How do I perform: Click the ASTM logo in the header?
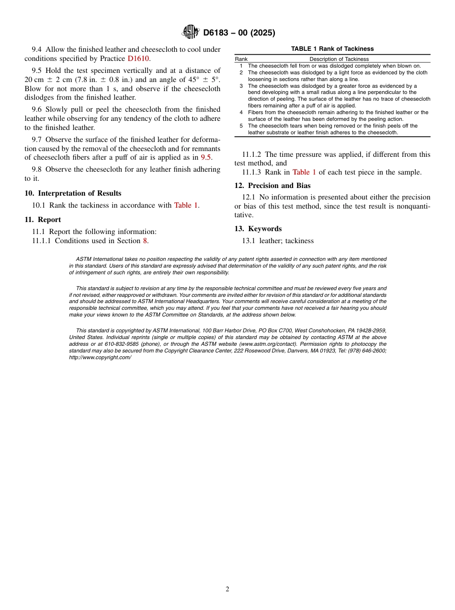[191, 32]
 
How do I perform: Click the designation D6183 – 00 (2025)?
[239, 33]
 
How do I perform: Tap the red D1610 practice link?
[138, 59]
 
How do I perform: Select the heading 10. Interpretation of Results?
[73, 193]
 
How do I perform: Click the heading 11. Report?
[43, 220]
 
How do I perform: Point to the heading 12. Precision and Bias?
[272, 186]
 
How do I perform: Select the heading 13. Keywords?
[258, 229]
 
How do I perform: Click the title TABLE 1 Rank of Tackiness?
[332, 49]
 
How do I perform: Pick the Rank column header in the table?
[241, 59]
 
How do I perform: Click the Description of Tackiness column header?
[339, 59]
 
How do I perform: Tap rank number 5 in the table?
[241, 126]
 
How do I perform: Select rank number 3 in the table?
[241, 86]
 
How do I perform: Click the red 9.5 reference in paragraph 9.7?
[205, 157]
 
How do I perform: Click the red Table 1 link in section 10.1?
[186, 205]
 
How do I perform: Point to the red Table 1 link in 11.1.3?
[304, 173]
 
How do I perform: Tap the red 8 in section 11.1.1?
[145, 241]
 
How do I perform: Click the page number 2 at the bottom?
[227, 589]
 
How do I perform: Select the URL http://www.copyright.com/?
[100, 357]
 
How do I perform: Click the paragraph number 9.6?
[37, 109]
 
